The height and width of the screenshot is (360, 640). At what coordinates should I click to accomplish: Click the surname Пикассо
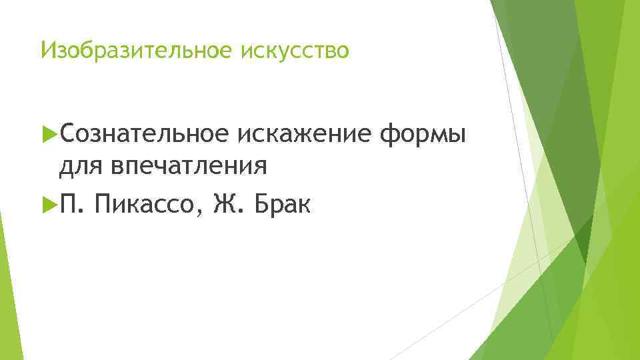pyautogui.click(x=147, y=201)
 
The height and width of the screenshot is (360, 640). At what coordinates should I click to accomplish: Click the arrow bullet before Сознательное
pyautogui.click(x=47, y=135)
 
